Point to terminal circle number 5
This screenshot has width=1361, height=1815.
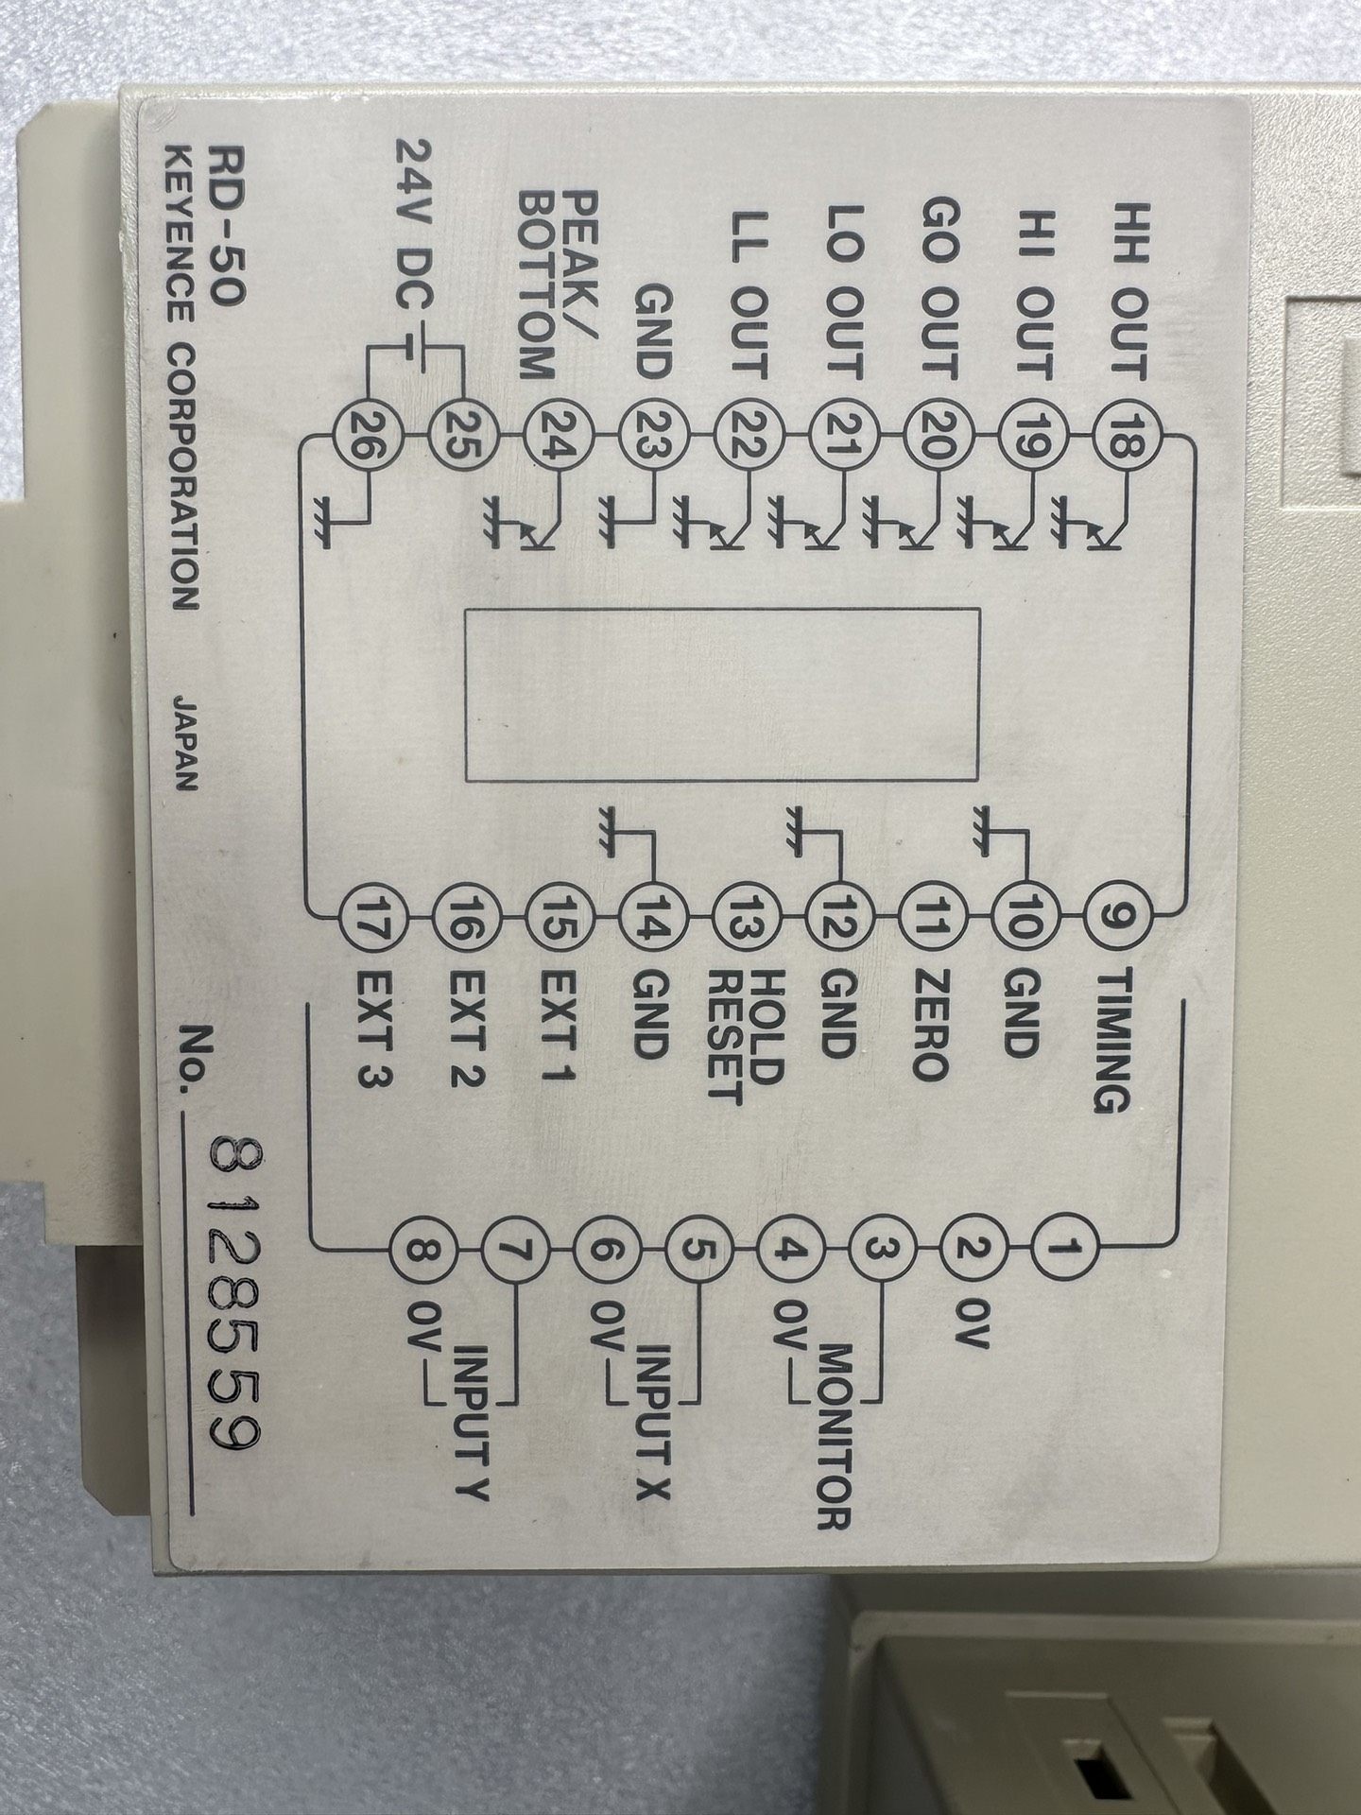pos(698,1249)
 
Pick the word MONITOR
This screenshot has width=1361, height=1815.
pos(833,1427)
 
